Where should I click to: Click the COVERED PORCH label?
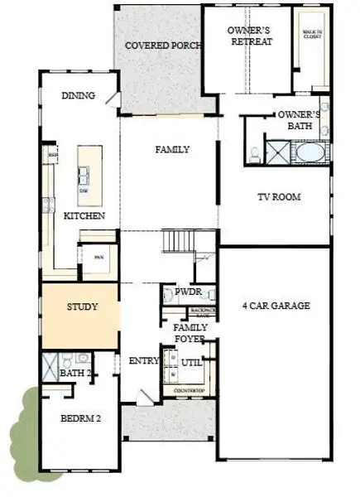[162, 46]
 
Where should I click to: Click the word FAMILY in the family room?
[173, 150]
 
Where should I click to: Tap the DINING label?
[79, 95]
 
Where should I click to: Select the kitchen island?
[89, 174]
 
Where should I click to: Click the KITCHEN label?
[84, 216]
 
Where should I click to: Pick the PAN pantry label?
[97, 256]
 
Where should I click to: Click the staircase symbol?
[180, 242]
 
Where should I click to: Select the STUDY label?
[82, 306]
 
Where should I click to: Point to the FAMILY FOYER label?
[190, 333]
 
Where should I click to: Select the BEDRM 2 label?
[80, 419]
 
